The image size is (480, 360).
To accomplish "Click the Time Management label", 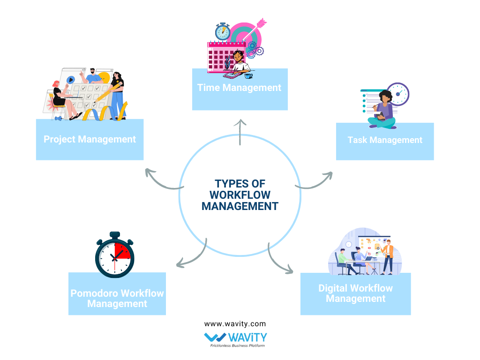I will [239, 88].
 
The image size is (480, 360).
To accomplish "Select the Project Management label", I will [90, 139].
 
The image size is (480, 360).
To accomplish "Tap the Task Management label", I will [385, 140].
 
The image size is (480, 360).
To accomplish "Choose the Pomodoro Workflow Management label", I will [117, 298].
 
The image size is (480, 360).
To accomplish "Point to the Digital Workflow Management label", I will [355, 293].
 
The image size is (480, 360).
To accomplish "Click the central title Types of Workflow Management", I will [240, 194].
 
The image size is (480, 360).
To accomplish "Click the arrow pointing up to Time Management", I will [240, 132].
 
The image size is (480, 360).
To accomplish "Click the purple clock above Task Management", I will [398, 94].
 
